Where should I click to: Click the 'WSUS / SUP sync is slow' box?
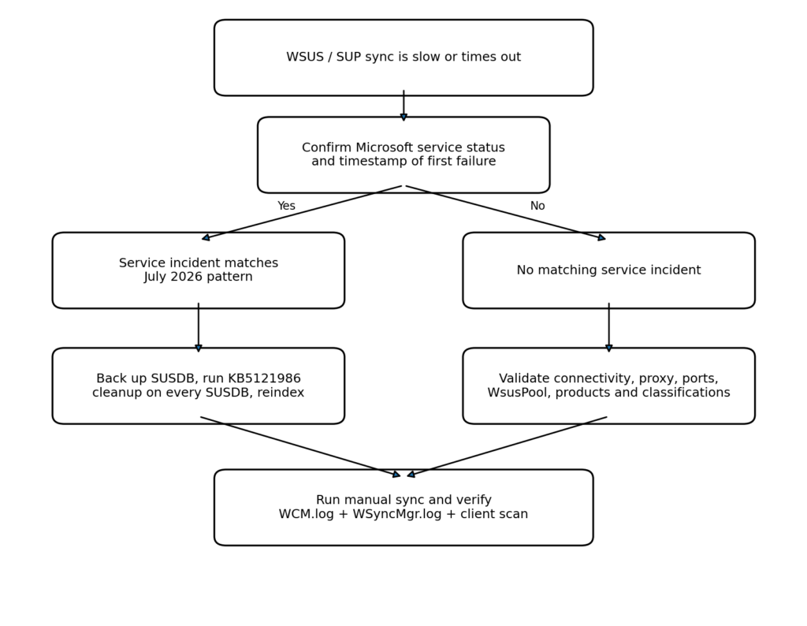tap(403, 58)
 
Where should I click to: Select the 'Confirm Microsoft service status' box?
tap(403, 155)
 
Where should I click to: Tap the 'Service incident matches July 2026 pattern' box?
tap(198, 270)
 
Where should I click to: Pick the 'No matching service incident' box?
tap(609, 270)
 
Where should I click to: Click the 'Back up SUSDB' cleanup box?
tap(198, 386)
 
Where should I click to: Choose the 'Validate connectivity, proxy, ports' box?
tap(609, 386)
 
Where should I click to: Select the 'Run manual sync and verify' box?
tap(403, 507)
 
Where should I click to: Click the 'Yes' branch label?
tap(286, 206)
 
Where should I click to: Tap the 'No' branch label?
tap(537, 206)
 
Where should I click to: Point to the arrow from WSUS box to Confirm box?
tap(403, 106)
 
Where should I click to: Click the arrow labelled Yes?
tap(302, 213)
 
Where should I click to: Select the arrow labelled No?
tap(506, 213)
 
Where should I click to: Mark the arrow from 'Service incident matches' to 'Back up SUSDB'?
tap(198, 327)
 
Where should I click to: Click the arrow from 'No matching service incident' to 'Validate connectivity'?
tap(609, 327)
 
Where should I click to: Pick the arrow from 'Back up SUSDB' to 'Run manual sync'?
tap(300, 447)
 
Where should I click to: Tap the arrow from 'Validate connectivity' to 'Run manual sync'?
tap(507, 447)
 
